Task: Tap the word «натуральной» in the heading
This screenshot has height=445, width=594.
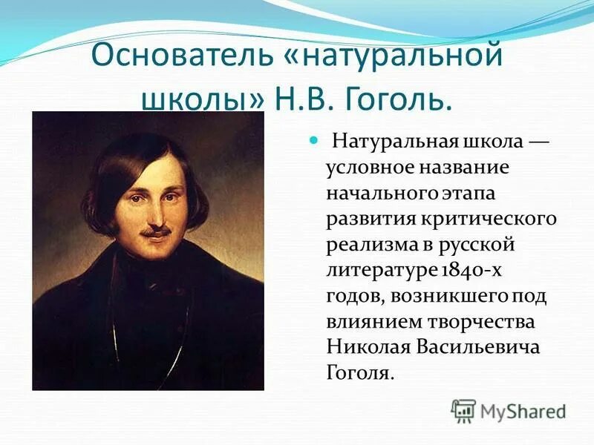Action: (393, 57)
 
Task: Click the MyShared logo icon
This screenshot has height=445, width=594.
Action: (464, 409)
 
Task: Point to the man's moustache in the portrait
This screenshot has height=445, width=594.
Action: (158, 233)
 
